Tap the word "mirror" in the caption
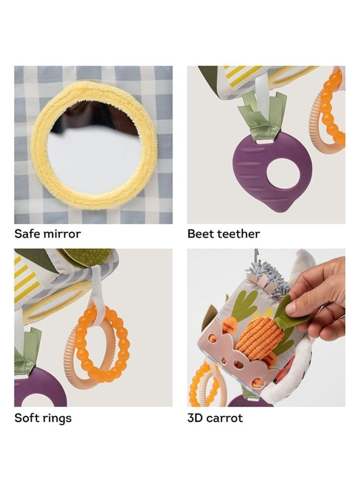click(62, 234)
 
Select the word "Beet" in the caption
click(201, 234)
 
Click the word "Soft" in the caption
click(27, 418)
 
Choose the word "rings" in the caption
click(57, 419)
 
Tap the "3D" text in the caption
click(195, 418)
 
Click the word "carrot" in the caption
click(224, 418)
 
